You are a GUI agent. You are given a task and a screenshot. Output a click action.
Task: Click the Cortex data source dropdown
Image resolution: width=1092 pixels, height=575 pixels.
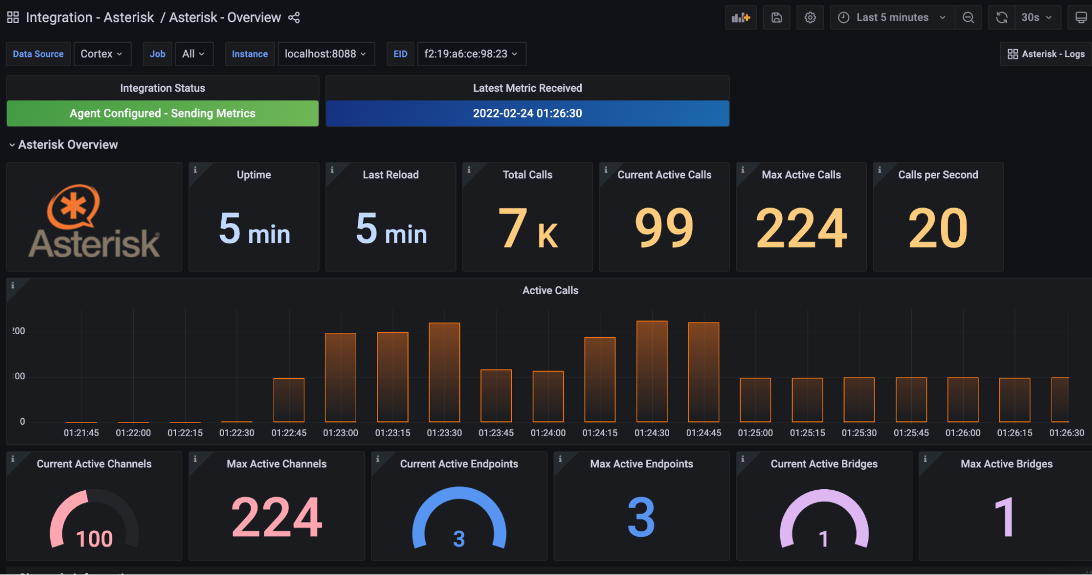pyautogui.click(x=102, y=54)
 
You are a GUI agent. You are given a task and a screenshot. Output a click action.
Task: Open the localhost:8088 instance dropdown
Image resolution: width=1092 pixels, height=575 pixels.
pyautogui.click(x=326, y=54)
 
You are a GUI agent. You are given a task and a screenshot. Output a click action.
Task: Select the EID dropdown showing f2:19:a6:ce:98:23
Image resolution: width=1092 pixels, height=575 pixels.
pyautogui.click(x=471, y=54)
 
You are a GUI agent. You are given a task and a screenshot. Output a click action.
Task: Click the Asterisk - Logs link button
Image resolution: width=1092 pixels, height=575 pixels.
pyautogui.click(x=1046, y=54)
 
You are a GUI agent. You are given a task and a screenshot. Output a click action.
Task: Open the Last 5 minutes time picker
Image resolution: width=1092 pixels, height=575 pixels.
pyautogui.click(x=893, y=17)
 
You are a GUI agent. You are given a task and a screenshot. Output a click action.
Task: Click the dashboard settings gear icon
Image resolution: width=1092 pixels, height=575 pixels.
pyautogui.click(x=810, y=17)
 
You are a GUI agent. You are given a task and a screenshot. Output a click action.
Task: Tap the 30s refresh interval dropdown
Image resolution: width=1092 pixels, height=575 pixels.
pyautogui.click(x=1036, y=17)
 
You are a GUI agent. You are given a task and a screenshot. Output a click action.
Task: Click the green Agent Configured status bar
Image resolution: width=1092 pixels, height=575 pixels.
pyautogui.click(x=163, y=113)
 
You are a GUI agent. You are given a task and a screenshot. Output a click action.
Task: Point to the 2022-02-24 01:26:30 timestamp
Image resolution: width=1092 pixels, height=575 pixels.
pyautogui.click(x=527, y=113)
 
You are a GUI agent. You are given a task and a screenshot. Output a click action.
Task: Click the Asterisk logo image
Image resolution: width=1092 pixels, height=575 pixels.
pyautogui.click(x=94, y=222)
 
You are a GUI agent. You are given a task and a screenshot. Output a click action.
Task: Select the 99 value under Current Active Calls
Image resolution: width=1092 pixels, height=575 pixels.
pyautogui.click(x=664, y=228)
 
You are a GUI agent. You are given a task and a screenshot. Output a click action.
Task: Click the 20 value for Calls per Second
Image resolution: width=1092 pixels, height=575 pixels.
pyautogui.click(x=938, y=228)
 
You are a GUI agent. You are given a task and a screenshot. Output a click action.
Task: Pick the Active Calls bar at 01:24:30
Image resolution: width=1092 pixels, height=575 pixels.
pyautogui.click(x=652, y=372)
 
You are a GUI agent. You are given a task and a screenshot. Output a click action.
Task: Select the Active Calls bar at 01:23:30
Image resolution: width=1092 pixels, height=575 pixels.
pyautogui.click(x=444, y=373)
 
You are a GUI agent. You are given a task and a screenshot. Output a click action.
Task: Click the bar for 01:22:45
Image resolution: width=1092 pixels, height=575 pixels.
pyautogui.click(x=289, y=400)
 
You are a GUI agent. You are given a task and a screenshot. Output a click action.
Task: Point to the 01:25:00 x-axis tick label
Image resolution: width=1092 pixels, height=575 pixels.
pyautogui.click(x=755, y=433)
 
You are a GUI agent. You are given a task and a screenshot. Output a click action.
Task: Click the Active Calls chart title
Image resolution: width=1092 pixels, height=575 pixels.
pyautogui.click(x=550, y=291)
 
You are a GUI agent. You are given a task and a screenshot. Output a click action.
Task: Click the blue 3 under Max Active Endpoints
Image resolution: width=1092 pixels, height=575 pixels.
pyautogui.click(x=641, y=517)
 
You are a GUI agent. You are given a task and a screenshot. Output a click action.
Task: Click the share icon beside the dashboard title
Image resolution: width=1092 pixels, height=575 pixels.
pyautogui.click(x=294, y=17)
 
